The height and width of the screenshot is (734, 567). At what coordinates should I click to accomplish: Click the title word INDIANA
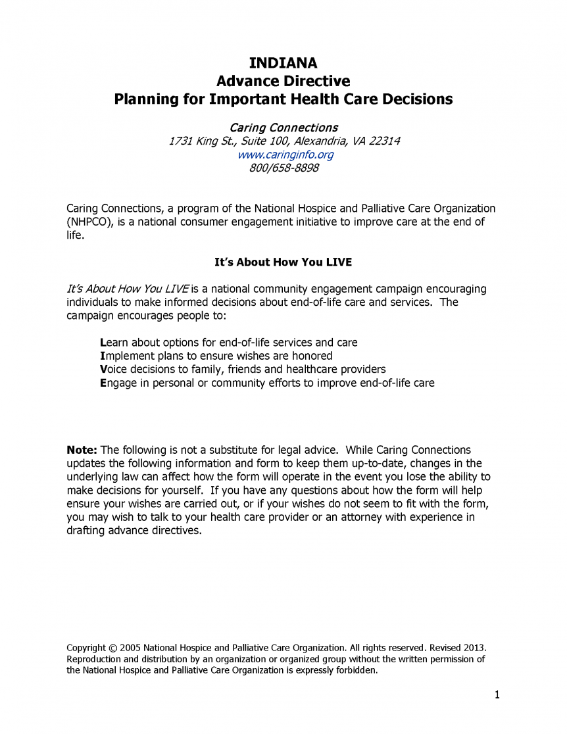pos(283,63)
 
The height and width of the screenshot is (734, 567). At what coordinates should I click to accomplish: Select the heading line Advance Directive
pos(283,82)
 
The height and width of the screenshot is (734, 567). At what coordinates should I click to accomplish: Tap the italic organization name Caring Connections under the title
pos(283,128)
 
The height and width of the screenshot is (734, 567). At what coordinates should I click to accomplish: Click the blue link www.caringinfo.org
pos(285,155)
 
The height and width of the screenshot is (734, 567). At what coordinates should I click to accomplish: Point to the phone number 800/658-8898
pos(284,168)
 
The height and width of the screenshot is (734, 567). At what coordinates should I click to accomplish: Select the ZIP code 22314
pos(385,141)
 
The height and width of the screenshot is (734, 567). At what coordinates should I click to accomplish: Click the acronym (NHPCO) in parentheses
pos(91,222)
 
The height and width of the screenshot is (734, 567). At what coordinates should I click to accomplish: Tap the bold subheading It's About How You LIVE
pos(283,262)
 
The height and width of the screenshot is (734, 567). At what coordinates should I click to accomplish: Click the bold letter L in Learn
pos(103,343)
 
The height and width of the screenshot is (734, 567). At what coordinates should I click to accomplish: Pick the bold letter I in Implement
pos(102,356)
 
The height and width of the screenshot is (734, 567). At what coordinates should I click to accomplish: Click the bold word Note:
pos(82,450)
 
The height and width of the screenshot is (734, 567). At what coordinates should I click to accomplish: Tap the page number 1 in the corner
pos(497,695)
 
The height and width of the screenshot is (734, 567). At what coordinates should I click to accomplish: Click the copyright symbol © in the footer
pos(110,647)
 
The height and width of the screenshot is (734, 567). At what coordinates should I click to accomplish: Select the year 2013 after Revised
pos(474,647)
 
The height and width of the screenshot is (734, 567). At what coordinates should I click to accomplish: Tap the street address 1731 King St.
pos(195,141)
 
